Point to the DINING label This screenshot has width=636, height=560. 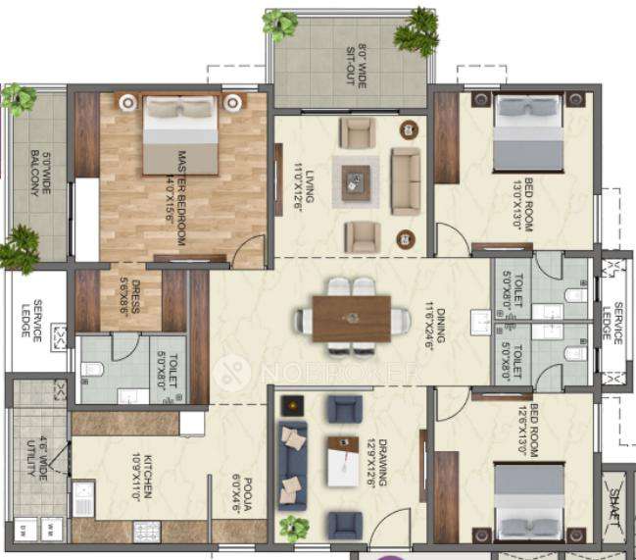(x=442, y=335)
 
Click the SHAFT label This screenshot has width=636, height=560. (x=616, y=502)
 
